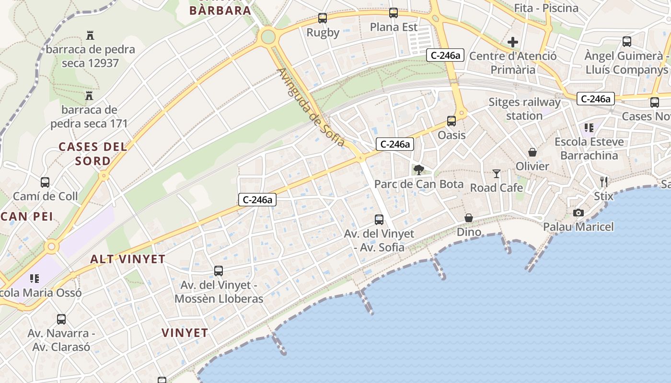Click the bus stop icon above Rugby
point(323,18)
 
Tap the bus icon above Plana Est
point(393,13)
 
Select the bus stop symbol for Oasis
point(451,121)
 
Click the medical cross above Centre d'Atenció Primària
point(513,42)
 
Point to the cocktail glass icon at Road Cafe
point(496,174)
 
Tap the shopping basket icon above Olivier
point(532,152)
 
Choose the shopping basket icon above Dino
point(469,218)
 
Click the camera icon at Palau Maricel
point(578,213)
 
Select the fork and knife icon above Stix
point(604,182)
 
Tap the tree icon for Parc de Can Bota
point(419,169)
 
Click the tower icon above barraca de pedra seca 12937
point(90,35)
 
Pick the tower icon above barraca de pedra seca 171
point(89,96)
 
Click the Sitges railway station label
point(524,109)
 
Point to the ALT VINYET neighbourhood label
point(128,259)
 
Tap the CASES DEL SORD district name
point(93,154)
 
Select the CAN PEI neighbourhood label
point(27,216)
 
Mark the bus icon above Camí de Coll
point(45,182)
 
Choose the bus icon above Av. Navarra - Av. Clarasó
point(61,319)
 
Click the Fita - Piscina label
point(546,8)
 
